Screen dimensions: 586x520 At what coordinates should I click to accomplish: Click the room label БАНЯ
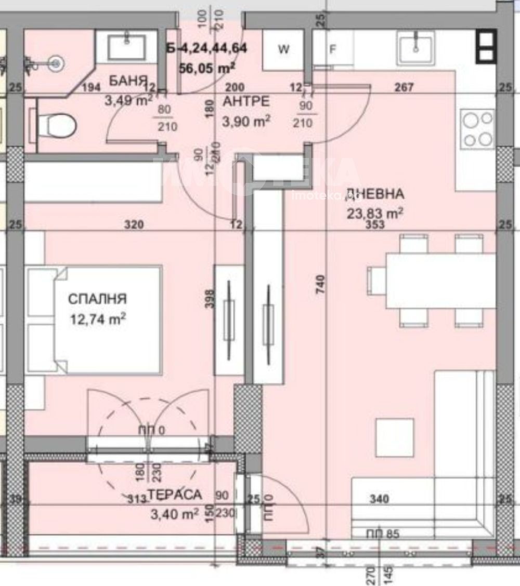[x=125, y=81]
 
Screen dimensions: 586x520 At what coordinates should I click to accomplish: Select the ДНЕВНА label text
[x=374, y=194]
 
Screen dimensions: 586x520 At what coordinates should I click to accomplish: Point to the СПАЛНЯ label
[x=98, y=299]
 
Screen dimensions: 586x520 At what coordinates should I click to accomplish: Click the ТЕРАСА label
[x=174, y=495]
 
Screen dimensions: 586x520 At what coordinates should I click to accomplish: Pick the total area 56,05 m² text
[x=207, y=68]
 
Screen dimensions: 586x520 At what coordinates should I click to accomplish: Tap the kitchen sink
[x=415, y=48]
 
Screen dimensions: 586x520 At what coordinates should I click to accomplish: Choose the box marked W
[x=283, y=50]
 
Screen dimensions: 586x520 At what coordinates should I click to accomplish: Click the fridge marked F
[x=333, y=50]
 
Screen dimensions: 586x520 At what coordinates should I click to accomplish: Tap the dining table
[x=439, y=281]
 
